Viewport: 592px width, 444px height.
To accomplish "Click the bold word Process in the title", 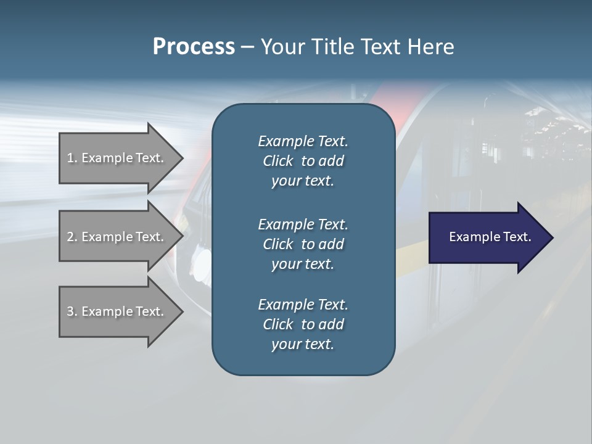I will (194, 47).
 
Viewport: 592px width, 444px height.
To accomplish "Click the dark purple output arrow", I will (487, 237).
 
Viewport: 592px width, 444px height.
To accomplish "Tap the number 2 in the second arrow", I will (70, 237).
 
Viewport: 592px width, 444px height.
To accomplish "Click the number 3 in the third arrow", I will (70, 311).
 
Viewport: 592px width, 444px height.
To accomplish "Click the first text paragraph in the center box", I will (303, 161).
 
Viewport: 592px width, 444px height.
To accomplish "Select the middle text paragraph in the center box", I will (303, 244).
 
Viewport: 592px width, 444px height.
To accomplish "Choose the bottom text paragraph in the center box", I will (303, 324).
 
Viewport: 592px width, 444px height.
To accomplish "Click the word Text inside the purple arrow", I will (517, 237).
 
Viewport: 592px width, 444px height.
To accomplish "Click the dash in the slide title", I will (247, 47).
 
